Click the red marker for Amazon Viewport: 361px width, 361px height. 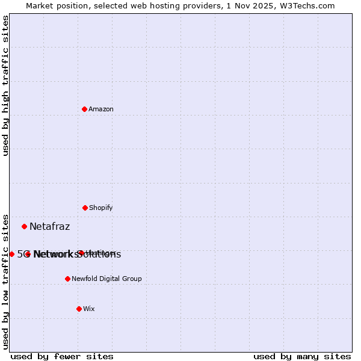[x=84, y=109]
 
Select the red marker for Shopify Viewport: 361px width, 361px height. [x=85, y=208]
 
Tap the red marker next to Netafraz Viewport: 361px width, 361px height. [x=24, y=226]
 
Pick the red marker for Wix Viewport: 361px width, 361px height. [x=79, y=309]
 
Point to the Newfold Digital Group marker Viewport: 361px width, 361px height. [x=67, y=279]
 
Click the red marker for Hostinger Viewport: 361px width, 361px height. [x=81, y=253]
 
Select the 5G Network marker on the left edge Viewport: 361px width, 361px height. [x=11, y=254]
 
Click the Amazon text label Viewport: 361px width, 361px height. [x=101, y=109]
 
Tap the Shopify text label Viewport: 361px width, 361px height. [x=101, y=208]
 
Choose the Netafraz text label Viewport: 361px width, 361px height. [x=49, y=227]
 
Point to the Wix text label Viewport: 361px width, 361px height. [x=89, y=309]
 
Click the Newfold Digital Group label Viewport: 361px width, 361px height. [x=106, y=279]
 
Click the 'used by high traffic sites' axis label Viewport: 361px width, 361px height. [x=5, y=85]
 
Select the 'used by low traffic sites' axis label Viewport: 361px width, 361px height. [x=5, y=281]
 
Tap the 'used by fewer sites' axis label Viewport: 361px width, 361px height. [x=62, y=356]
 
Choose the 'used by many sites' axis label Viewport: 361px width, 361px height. [x=302, y=356]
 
